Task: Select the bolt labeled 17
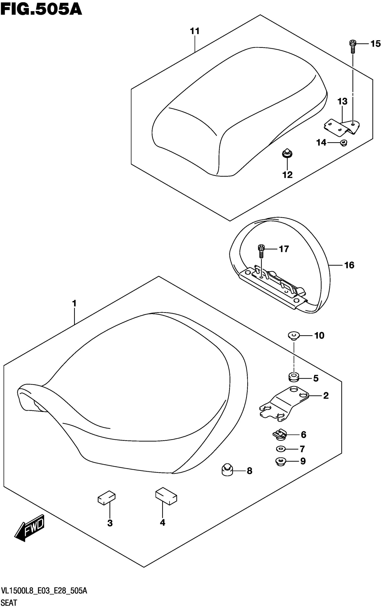coord(261,251)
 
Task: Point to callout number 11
coord(195,31)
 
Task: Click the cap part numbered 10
coord(294,336)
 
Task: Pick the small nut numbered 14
coord(343,143)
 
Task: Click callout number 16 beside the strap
coord(349,265)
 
